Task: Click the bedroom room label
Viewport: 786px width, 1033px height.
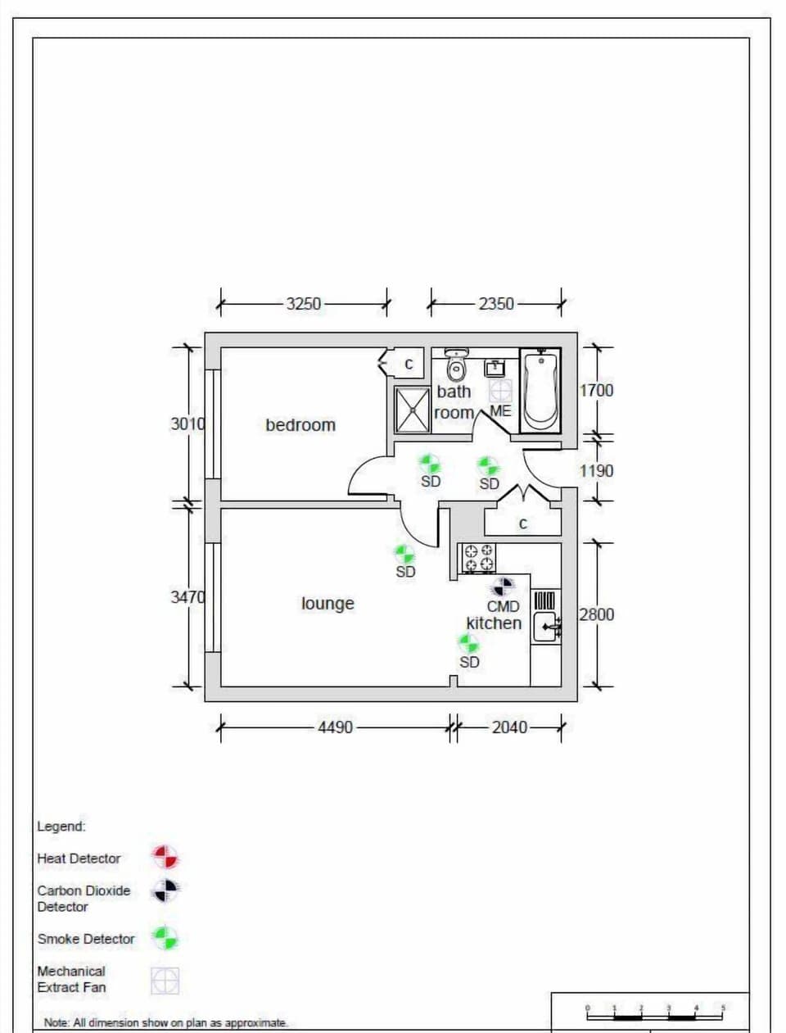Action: [300, 425]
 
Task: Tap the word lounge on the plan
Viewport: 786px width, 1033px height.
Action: [327, 604]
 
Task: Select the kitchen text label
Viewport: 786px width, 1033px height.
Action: [494, 623]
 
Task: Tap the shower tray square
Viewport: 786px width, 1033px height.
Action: [413, 409]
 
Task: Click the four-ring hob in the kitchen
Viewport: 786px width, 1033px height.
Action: [479, 557]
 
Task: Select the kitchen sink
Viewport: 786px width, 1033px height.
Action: [546, 627]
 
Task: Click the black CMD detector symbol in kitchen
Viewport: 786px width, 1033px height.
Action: [503, 587]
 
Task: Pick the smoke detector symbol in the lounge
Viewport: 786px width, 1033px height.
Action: [404, 555]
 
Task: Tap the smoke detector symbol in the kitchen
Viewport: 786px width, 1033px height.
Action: [469, 644]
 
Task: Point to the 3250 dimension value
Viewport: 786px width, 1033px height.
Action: [303, 304]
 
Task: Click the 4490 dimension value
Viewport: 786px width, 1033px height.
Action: [335, 727]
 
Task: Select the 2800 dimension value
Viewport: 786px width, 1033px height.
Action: [596, 614]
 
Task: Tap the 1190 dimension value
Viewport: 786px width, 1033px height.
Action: [596, 471]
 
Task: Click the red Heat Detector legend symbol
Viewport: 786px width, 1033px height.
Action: [165, 858]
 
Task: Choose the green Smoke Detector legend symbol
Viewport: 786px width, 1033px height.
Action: [165, 938]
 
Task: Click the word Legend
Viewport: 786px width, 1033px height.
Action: [61, 827]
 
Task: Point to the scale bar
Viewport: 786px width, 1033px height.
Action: [655, 1014]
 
